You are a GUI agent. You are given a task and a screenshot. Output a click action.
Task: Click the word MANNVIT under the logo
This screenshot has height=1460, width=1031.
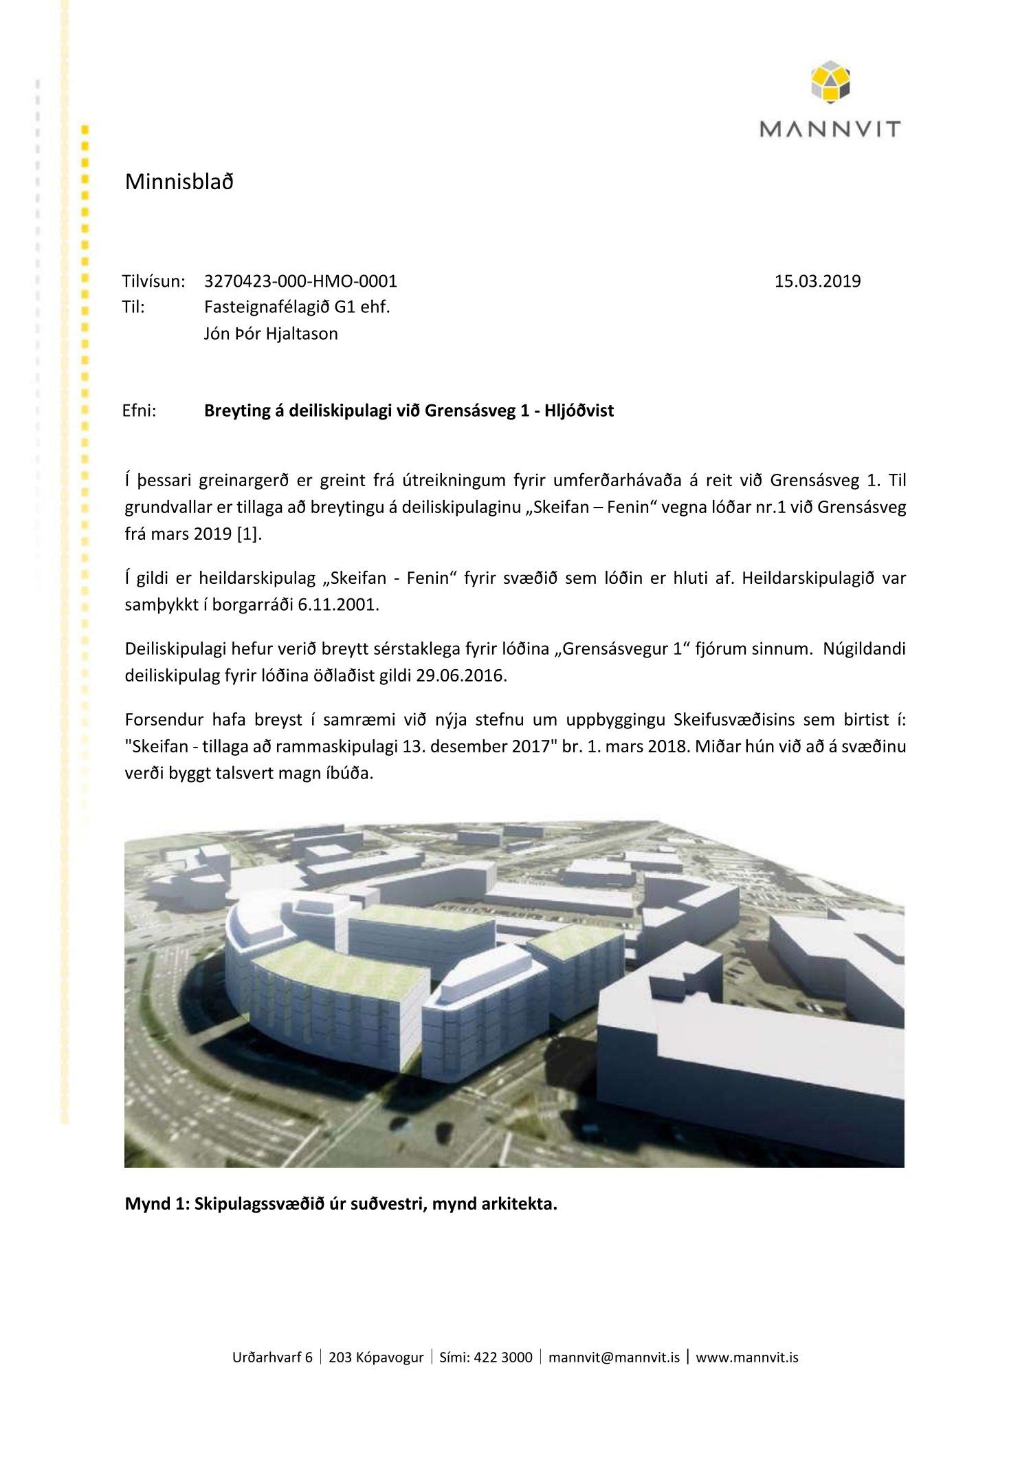coord(830,129)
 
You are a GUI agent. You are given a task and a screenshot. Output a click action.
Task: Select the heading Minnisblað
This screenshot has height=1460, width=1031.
coord(179,182)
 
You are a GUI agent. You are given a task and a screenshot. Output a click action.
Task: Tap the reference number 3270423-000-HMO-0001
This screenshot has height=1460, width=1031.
coord(300,281)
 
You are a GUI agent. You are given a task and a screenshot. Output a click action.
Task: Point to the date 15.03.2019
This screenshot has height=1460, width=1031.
coord(817,281)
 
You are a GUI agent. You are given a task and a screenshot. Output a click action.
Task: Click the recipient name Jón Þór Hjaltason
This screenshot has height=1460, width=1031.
coord(271,334)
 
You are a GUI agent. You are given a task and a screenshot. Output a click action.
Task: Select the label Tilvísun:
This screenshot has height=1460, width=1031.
coord(154,281)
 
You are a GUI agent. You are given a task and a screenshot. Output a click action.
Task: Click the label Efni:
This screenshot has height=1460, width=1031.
coord(140,411)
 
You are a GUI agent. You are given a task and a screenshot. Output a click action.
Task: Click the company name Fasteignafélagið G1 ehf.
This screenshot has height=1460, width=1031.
coord(297,307)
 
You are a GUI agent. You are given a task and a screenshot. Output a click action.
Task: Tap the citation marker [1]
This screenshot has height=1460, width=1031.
coord(248,534)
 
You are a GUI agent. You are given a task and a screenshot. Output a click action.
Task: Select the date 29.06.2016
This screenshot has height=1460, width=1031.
coord(461,675)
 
